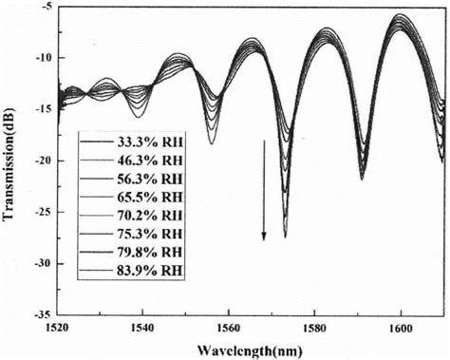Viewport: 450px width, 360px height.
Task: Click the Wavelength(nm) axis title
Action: pyautogui.click(x=253, y=350)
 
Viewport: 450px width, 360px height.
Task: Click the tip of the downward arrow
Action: pyautogui.click(x=264, y=239)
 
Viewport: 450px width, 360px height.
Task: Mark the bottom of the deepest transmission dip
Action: pyautogui.click(x=285, y=237)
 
